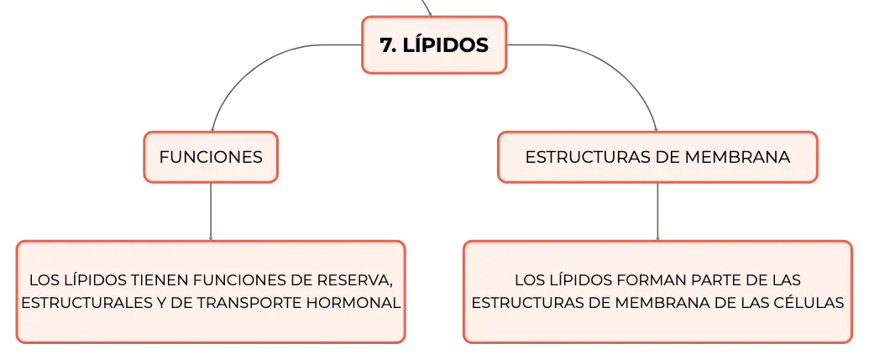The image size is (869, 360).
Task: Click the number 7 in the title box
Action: (385, 45)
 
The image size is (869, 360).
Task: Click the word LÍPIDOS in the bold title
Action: (446, 44)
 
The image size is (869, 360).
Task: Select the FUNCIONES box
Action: (211, 157)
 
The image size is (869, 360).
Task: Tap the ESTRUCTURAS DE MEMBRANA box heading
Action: (657, 157)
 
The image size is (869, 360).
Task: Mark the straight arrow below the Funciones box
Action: (211, 211)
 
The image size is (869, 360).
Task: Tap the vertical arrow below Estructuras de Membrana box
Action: (658, 211)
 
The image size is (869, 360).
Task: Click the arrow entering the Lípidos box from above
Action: (427, 8)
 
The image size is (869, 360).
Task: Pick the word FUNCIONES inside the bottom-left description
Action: (239, 280)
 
